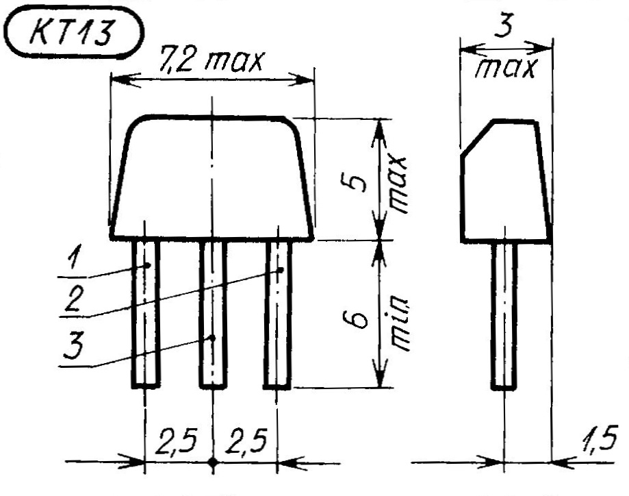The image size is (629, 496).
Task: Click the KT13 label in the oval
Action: (70, 32)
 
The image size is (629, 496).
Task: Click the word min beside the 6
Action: (399, 324)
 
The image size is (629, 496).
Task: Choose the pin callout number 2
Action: (74, 299)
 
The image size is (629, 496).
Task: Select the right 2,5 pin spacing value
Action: (246, 441)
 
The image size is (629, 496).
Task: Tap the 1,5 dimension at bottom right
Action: (598, 439)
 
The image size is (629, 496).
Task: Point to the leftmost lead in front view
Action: (146, 314)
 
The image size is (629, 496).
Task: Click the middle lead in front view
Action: (213, 314)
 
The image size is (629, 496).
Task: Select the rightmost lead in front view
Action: (278, 314)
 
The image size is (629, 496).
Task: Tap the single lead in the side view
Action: (504, 316)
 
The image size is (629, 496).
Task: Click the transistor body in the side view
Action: (505, 181)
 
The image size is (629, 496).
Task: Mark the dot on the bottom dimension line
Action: (213, 462)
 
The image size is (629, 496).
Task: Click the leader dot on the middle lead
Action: (213, 338)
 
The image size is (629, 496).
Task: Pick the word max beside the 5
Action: (399, 184)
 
